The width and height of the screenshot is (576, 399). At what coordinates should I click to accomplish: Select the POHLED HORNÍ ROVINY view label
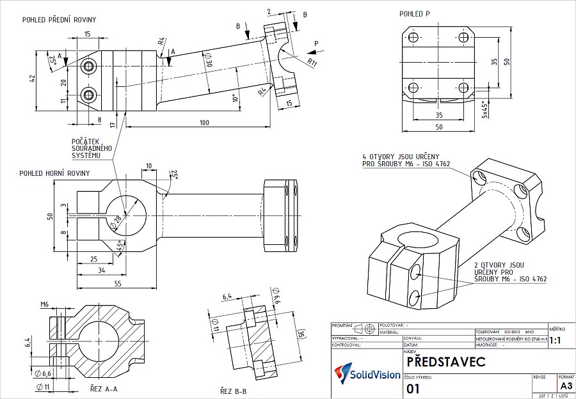54,173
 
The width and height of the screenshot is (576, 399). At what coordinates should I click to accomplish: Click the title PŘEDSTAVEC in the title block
445,361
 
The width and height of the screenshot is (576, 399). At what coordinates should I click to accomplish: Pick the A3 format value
566,386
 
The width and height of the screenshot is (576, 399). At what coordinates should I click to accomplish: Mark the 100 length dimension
205,121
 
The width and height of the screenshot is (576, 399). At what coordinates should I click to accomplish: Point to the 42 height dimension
32,79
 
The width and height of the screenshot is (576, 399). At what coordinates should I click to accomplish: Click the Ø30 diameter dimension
207,62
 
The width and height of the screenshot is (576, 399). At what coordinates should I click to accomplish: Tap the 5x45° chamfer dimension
485,109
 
